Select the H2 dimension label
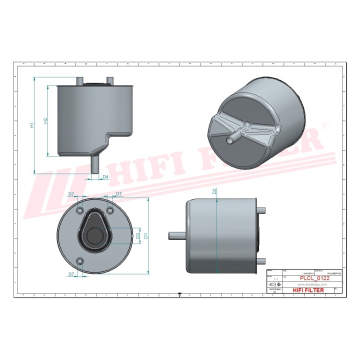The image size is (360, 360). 45,120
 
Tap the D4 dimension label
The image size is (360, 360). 105,177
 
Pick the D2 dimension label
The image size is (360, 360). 214,191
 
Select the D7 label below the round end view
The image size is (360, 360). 71,274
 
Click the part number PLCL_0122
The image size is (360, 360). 313,278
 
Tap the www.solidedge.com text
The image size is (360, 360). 312,284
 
